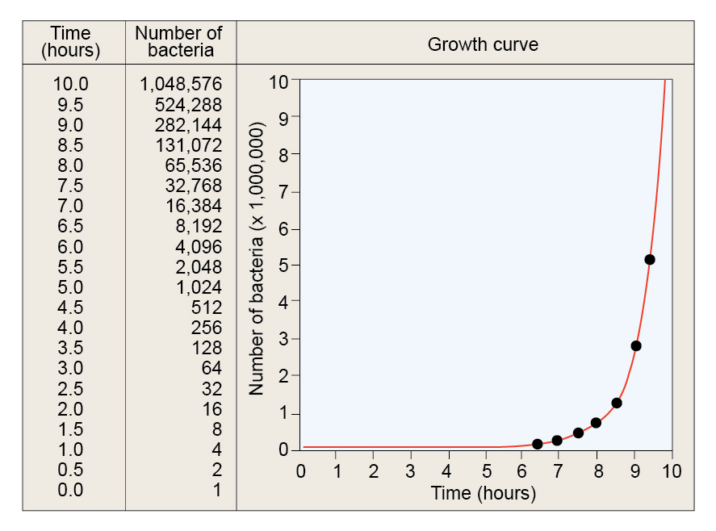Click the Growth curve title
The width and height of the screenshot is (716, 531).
tap(482, 44)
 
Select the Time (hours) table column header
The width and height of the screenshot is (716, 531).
tap(71, 42)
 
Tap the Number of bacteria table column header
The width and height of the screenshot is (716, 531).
tap(179, 42)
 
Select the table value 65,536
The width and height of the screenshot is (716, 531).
tap(192, 165)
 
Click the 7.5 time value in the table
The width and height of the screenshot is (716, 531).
tap(71, 186)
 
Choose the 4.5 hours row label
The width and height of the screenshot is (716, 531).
tap(71, 307)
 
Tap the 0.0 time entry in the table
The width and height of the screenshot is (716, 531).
tap(71, 490)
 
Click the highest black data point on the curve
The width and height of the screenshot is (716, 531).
tap(650, 259)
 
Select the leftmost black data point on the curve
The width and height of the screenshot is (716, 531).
tap(538, 444)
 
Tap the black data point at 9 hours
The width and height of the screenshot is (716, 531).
tap(636, 345)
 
